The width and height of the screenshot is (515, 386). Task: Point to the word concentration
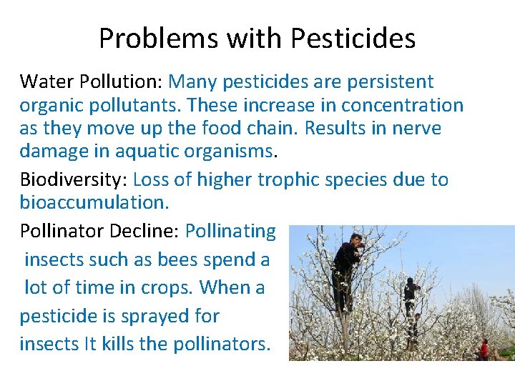click(402, 105)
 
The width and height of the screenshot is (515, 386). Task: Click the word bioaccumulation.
click(94, 202)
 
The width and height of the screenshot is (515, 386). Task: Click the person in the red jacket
click(484, 350)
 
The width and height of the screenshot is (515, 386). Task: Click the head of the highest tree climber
click(355, 238)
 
